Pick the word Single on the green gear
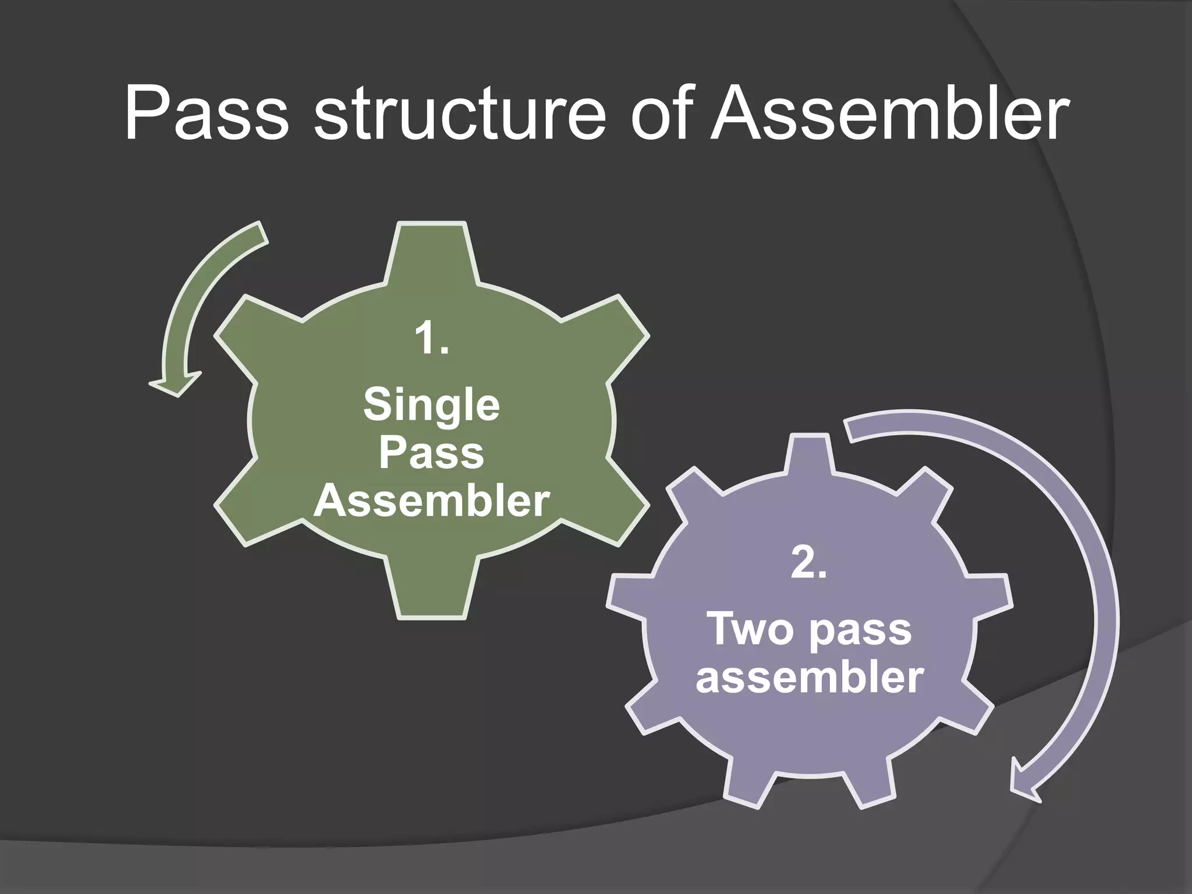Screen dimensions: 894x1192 (x=431, y=406)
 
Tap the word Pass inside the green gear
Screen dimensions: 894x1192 (x=431, y=453)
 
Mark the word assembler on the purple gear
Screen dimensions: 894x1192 (x=809, y=677)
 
